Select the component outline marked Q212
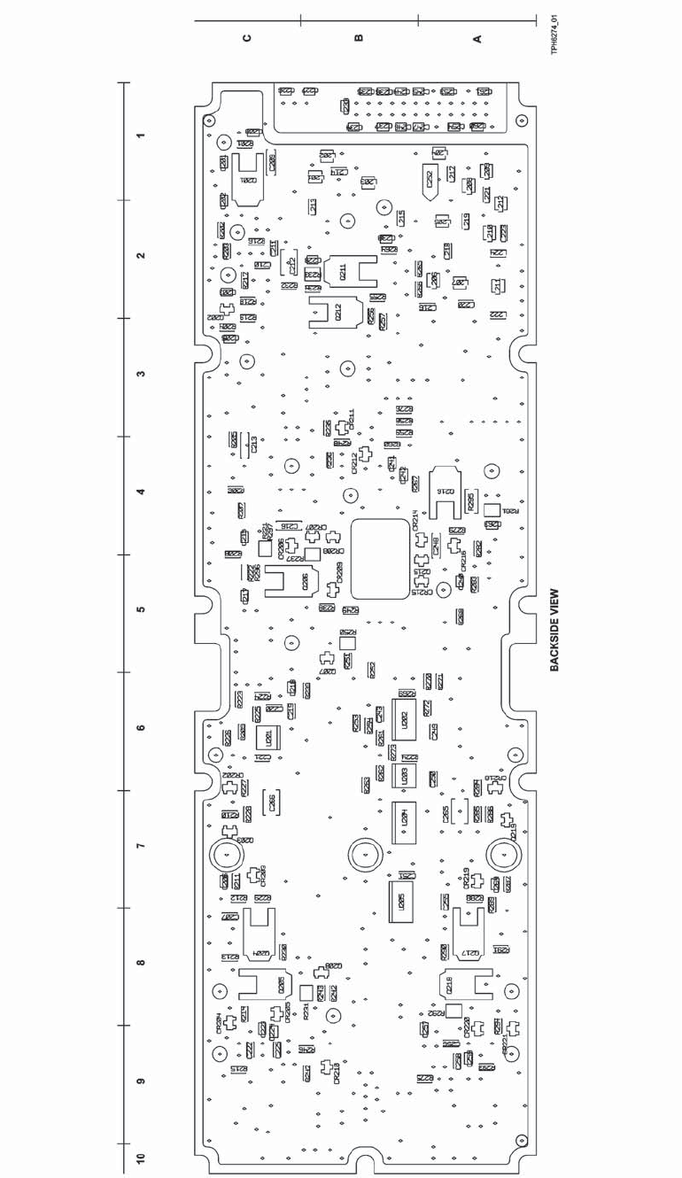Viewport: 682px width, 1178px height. [x=337, y=312]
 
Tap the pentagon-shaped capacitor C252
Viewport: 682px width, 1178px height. [x=430, y=181]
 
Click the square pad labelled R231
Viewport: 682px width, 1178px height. [x=306, y=992]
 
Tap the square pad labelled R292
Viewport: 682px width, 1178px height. [x=453, y=1011]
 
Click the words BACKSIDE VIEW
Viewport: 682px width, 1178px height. [x=554, y=631]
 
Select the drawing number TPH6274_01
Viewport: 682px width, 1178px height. [x=554, y=34]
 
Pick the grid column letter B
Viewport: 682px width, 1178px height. [x=358, y=38]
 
